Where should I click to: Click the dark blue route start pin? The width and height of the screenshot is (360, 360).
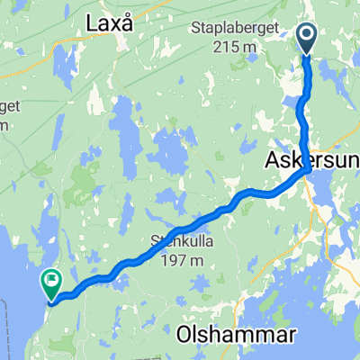click(307, 39)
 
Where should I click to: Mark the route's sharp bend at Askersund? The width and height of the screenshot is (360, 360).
click(309, 169)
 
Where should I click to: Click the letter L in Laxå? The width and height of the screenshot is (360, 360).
click(93, 25)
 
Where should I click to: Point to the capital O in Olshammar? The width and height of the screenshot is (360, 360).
click(185, 335)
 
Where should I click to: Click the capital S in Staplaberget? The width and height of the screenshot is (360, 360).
click(194, 31)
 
